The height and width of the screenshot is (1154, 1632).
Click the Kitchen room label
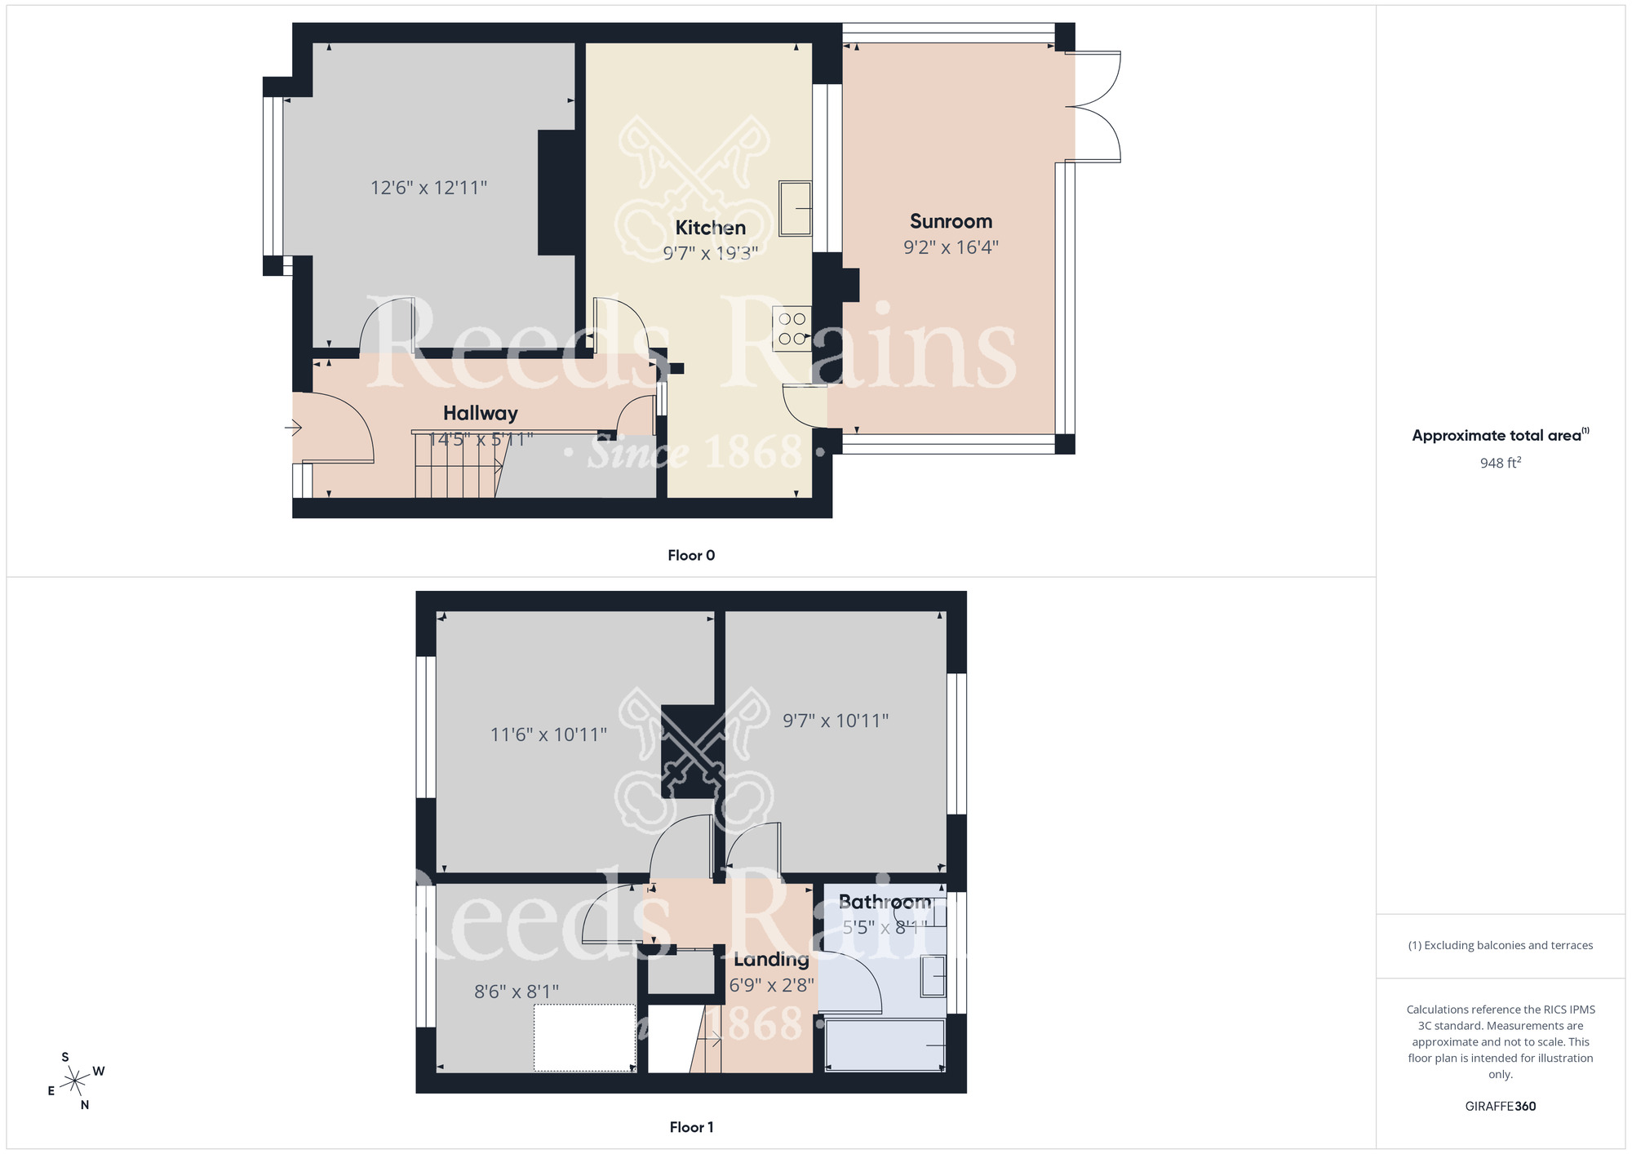[710, 228]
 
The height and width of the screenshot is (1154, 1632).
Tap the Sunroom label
[951, 221]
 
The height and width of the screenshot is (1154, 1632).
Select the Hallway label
[480, 413]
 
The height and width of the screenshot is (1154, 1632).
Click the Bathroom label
[885, 902]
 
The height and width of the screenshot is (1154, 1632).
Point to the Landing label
[771, 960]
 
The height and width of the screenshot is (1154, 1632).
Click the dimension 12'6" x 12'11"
[428, 188]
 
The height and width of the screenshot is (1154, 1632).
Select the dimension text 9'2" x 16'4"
[951, 247]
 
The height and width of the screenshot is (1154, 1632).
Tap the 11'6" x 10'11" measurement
[548, 735]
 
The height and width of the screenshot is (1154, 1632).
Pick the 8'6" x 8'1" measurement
[517, 992]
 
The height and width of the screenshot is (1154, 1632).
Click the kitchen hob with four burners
[792, 328]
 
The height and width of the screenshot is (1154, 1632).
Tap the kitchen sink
[795, 208]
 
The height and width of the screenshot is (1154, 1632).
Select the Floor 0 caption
[691, 556]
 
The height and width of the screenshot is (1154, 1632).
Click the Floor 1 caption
[691, 1127]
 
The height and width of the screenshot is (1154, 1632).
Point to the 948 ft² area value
[1500, 463]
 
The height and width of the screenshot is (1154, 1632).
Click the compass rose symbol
[75, 1081]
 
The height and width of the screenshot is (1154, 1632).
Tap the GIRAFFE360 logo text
[1500, 1107]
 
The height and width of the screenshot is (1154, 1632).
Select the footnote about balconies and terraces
[1500, 945]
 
